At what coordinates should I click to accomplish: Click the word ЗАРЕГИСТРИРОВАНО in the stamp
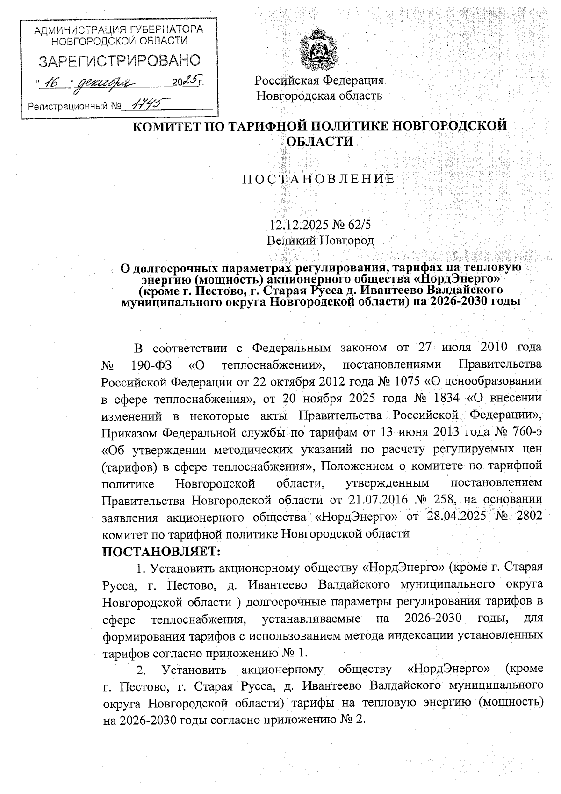click(x=119, y=61)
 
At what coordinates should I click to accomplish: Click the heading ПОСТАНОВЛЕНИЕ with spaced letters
click(x=318, y=180)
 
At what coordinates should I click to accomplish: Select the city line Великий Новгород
click(x=320, y=240)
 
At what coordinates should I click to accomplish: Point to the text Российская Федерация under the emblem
click(x=319, y=80)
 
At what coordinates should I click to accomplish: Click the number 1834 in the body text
click(x=443, y=398)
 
